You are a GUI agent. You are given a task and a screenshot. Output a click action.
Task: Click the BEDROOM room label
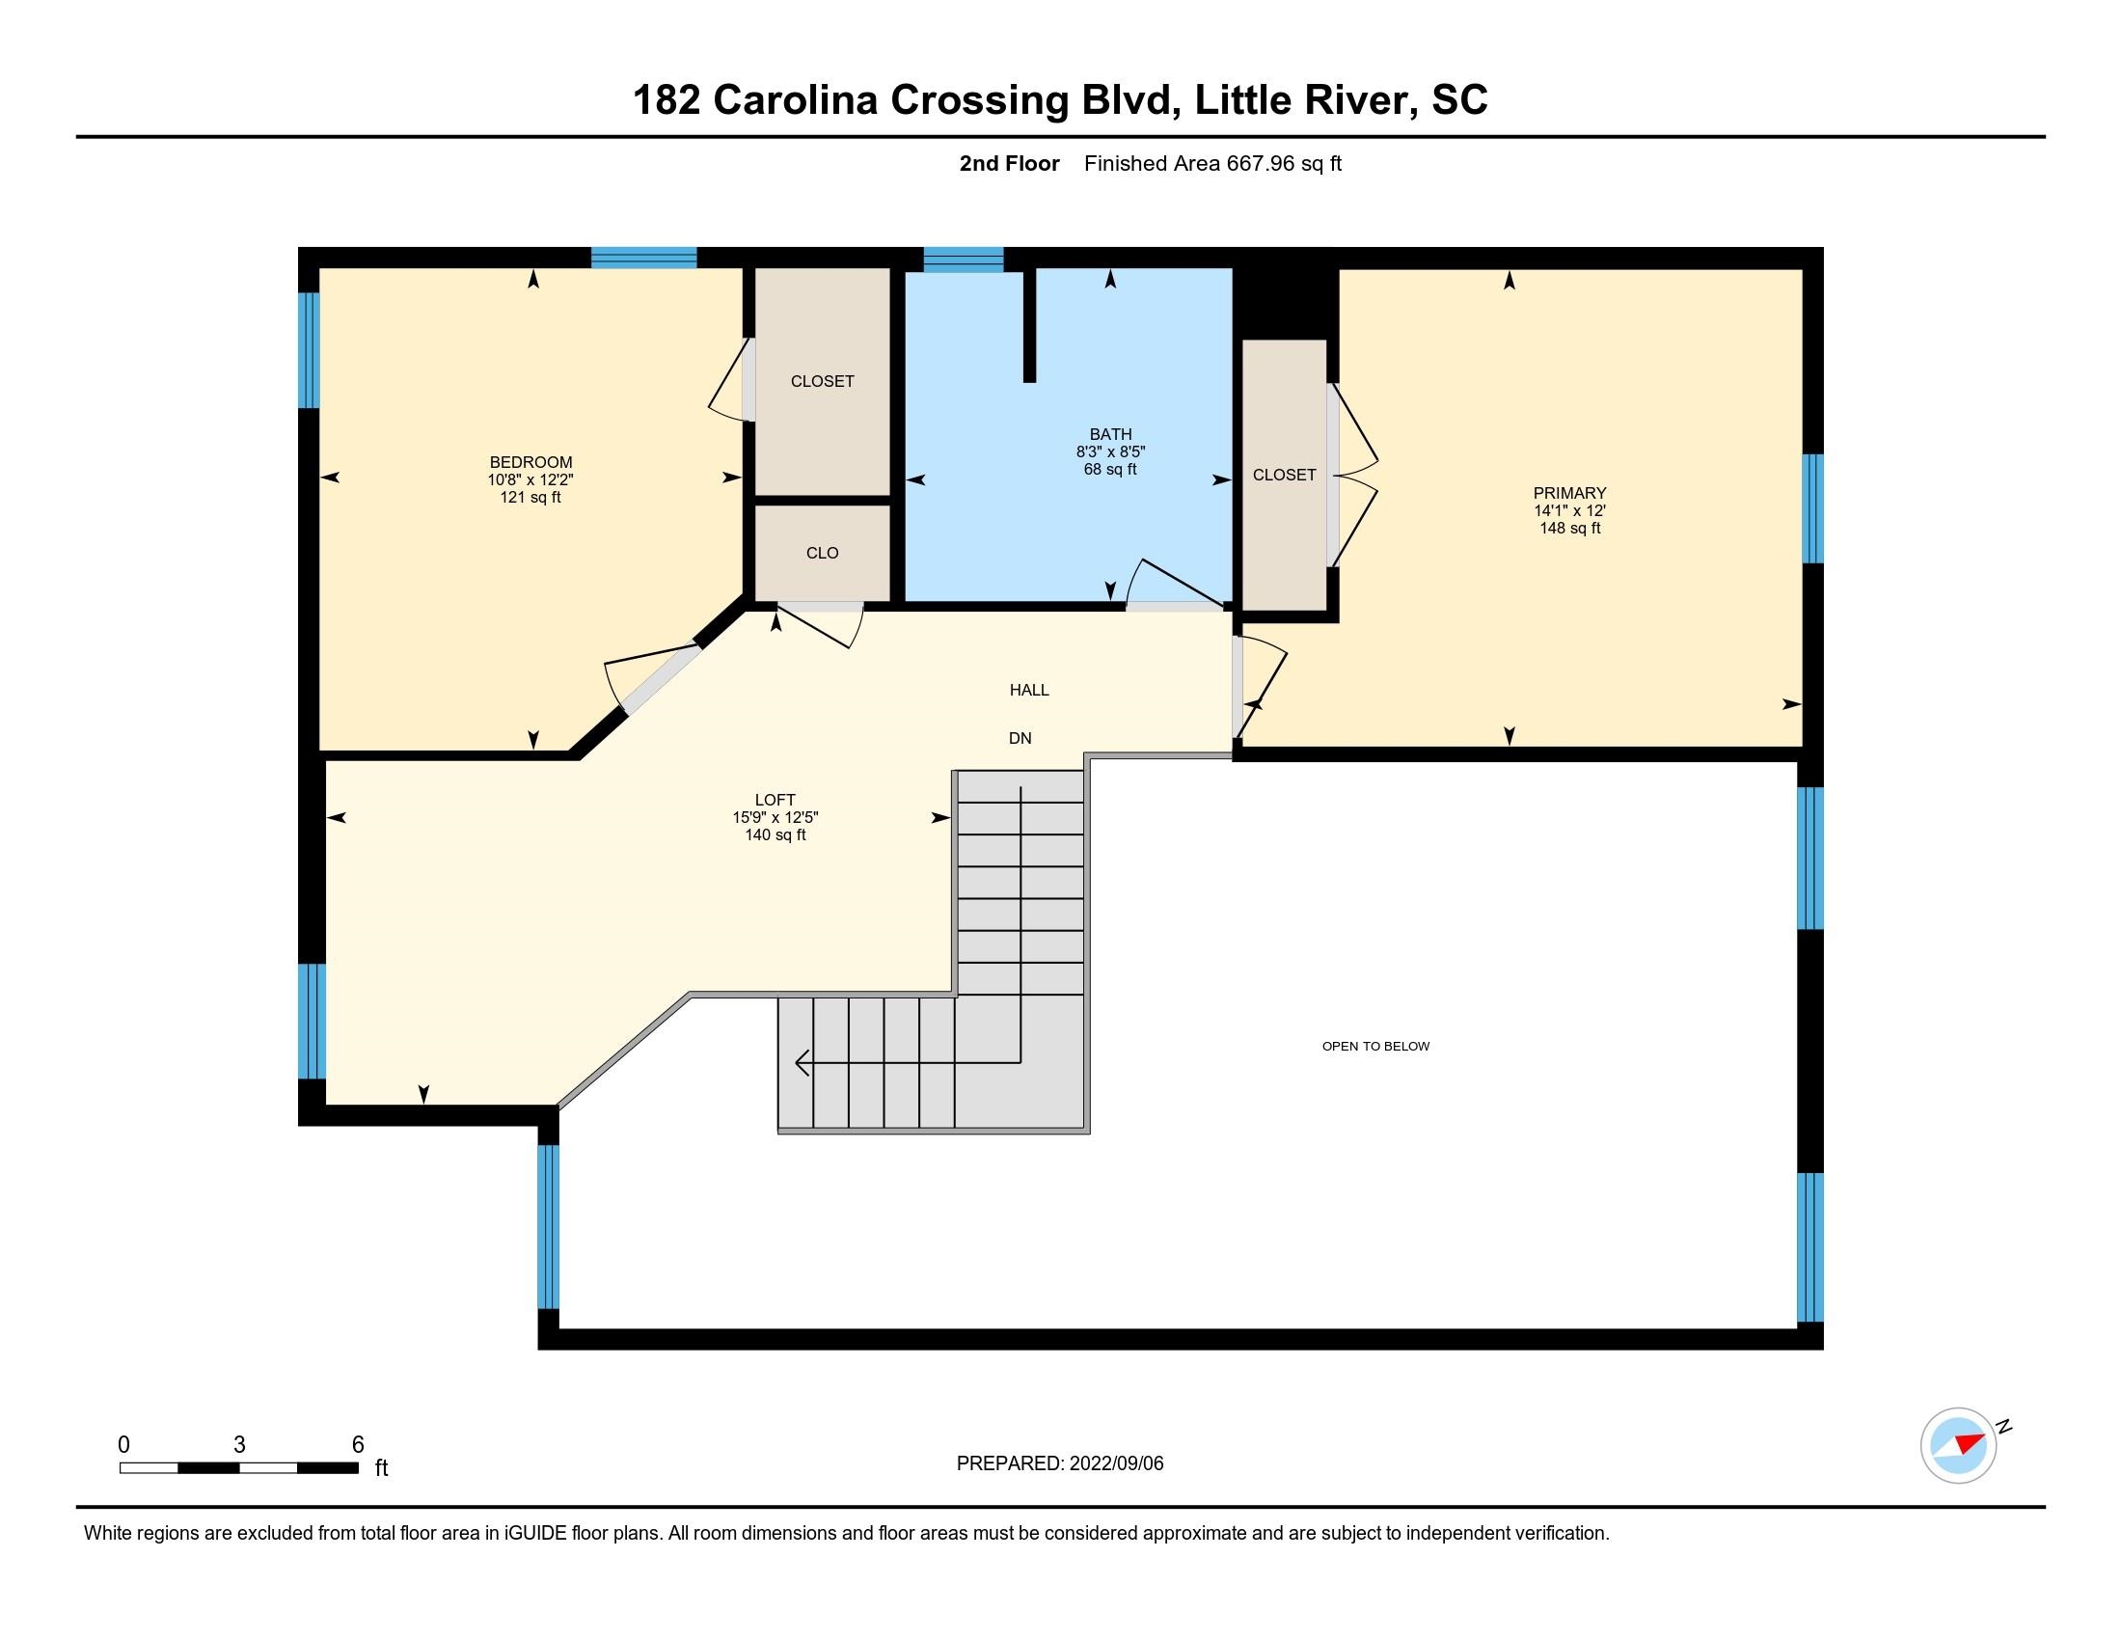click(530, 462)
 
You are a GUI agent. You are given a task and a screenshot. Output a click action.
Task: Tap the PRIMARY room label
click(1569, 493)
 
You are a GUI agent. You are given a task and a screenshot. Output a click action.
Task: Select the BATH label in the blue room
click(1110, 434)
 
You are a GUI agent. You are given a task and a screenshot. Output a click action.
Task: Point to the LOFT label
click(775, 800)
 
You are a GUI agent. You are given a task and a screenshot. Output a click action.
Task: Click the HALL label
click(1029, 690)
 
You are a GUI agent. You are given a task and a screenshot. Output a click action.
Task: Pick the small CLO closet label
click(822, 553)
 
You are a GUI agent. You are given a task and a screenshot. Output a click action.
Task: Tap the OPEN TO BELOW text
click(1375, 1047)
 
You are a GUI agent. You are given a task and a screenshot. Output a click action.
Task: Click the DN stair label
click(1020, 738)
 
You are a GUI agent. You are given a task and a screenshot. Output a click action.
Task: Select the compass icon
click(1958, 1445)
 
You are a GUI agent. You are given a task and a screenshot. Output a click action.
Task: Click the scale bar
click(239, 1468)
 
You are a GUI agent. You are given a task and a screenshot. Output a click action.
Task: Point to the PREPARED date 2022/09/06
click(1115, 1463)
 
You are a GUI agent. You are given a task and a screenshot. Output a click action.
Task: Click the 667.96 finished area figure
click(1261, 163)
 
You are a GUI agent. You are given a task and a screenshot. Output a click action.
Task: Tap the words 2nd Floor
click(1010, 163)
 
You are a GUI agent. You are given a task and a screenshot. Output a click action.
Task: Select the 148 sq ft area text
click(1569, 528)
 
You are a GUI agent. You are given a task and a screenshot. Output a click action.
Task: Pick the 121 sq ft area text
click(530, 498)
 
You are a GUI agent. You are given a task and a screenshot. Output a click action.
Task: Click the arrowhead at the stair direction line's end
click(802, 1063)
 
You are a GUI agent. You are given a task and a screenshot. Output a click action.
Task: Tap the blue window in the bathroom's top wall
click(963, 259)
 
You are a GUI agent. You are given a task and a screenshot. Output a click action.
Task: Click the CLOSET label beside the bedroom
click(822, 381)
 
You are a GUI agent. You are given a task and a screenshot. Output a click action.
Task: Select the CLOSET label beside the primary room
click(1284, 474)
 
